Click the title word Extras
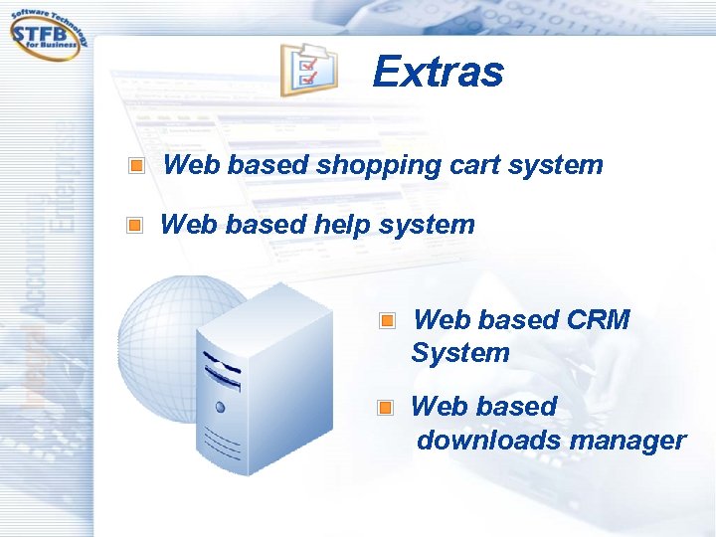[438, 72]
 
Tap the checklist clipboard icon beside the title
[307, 70]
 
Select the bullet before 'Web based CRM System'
[387, 321]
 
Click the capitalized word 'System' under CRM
[460, 353]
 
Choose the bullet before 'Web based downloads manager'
[386, 408]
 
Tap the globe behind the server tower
[159, 328]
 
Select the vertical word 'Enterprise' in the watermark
[66, 179]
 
